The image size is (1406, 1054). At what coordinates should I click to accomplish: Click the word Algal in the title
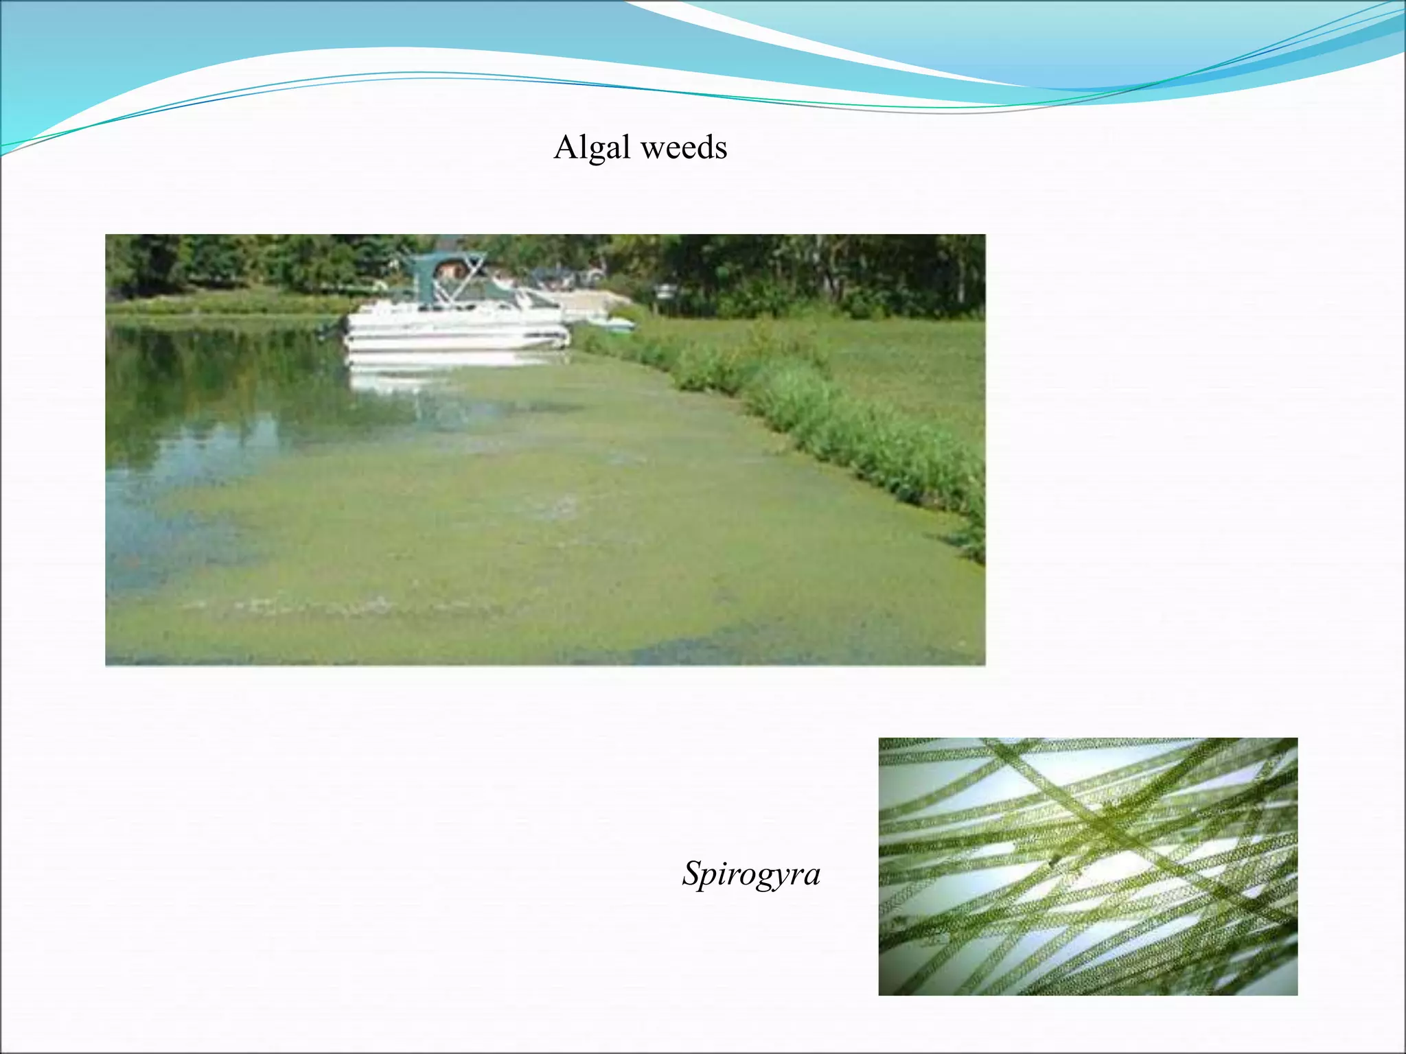click(x=592, y=148)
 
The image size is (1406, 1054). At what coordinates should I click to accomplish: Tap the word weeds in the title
click(x=682, y=148)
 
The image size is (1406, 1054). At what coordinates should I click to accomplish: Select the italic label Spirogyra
click(x=751, y=874)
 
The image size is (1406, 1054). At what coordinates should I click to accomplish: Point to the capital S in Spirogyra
click(x=692, y=873)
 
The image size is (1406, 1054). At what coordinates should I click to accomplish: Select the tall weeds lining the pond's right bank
click(x=858, y=425)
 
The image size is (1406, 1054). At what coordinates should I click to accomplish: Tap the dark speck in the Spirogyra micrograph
click(x=1052, y=858)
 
